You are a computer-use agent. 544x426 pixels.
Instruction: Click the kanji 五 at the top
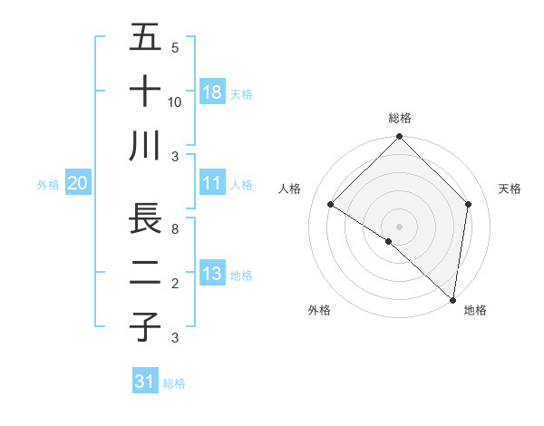tap(145, 38)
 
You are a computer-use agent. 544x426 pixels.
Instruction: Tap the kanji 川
tap(145, 146)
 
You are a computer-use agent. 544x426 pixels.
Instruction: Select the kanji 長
tap(145, 218)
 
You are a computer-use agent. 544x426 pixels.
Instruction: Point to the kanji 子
tap(145, 326)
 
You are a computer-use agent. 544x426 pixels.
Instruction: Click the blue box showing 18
tap(212, 92)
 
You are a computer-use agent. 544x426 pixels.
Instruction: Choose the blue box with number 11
tap(212, 183)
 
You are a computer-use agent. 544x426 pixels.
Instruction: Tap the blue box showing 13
tap(212, 274)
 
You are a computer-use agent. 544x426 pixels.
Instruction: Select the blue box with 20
tap(78, 183)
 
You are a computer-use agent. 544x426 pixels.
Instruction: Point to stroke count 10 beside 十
tap(175, 102)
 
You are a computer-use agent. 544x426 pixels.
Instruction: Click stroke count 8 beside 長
tap(175, 229)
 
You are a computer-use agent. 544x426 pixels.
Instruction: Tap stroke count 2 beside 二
tap(175, 284)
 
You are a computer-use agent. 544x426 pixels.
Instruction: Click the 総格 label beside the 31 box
tap(174, 383)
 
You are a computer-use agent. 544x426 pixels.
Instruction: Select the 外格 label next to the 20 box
tap(48, 185)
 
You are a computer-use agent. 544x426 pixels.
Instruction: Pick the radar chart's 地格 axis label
tap(475, 310)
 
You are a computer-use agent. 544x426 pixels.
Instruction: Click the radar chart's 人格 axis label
tap(290, 189)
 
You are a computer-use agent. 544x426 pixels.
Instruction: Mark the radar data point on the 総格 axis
tap(399, 138)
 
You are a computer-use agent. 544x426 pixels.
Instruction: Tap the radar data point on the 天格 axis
tap(468, 204)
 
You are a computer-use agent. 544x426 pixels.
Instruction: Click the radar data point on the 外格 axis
tap(389, 241)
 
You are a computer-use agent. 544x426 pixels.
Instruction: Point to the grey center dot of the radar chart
tap(399, 226)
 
